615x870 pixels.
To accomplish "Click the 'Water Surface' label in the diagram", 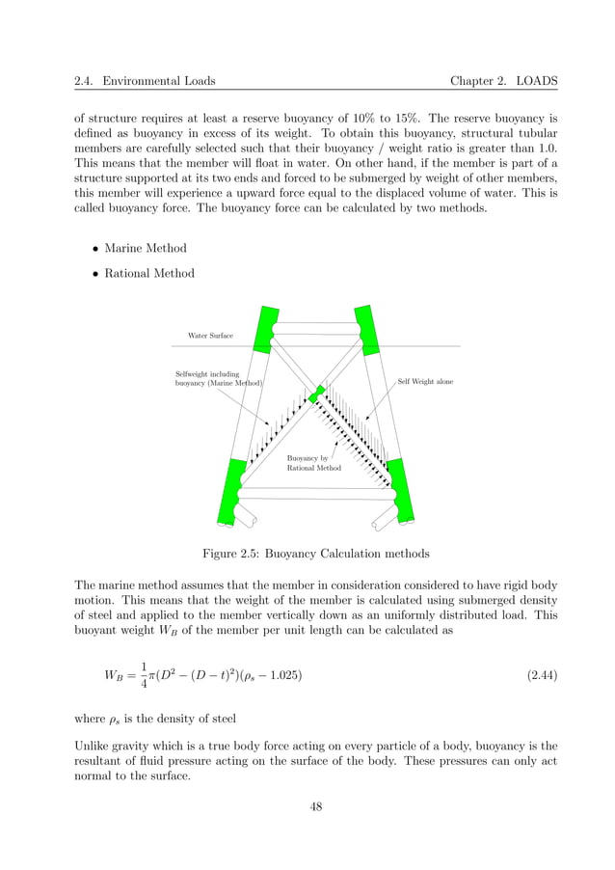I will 209,336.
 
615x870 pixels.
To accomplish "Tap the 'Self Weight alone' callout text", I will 425,382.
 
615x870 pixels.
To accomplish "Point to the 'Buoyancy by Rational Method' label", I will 313,463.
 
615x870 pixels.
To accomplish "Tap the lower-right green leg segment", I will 400,493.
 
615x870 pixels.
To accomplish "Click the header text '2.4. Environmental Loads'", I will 145,81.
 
